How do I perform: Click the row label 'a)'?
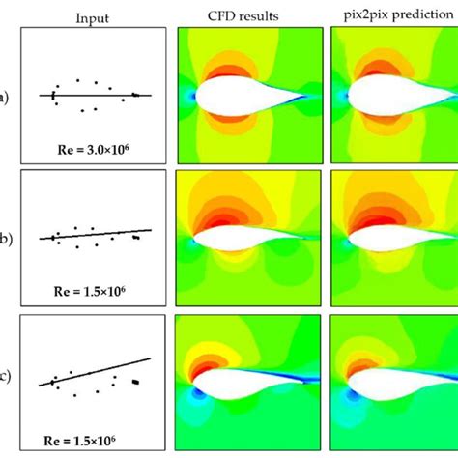click(6, 96)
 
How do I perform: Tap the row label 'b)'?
click(6, 236)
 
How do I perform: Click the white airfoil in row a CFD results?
click(242, 97)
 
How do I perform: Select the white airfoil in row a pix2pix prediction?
click(391, 97)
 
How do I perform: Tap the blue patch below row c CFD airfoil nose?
click(199, 395)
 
